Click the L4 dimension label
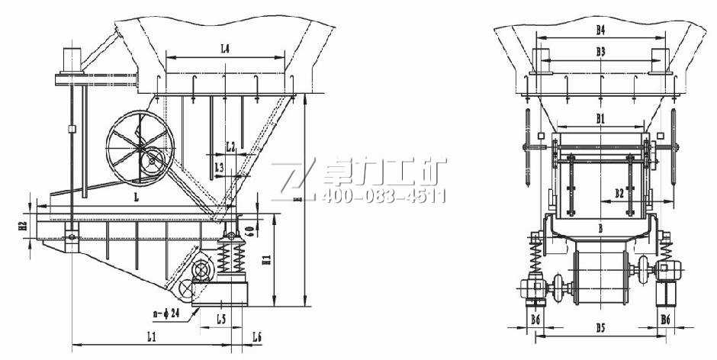(x=225, y=48)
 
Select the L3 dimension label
(x=220, y=166)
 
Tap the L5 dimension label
(x=221, y=318)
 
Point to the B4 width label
(x=600, y=30)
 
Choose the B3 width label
(x=600, y=52)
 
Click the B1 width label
(x=600, y=117)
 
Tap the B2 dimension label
(x=621, y=194)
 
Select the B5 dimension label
(x=600, y=329)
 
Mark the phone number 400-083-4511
(x=384, y=197)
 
